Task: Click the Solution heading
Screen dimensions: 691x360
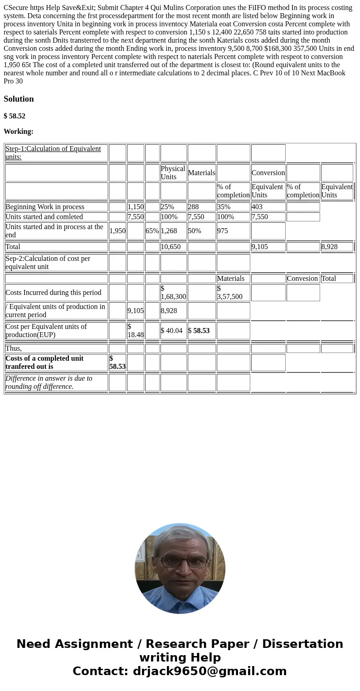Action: point(19,99)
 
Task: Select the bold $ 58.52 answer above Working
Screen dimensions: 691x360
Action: point(15,116)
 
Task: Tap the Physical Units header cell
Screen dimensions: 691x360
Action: point(173,172)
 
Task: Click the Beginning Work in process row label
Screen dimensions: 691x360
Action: point(45,207)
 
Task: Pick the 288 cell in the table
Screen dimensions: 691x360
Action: point(194,207)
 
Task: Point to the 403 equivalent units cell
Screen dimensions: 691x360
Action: point(257,207)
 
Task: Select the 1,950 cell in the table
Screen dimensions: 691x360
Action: point(117,231)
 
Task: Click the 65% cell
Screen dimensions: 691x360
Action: point(152,231)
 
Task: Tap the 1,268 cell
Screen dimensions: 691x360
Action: point(169,231)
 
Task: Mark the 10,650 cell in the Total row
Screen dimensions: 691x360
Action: point(170,247)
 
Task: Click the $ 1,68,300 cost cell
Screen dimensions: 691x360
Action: point(173,293)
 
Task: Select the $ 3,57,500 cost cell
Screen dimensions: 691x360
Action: point(229,293)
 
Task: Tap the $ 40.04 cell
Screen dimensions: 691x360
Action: point(171,331)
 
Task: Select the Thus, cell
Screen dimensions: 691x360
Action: point(14,348)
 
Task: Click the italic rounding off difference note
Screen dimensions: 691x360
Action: point(49,382)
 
